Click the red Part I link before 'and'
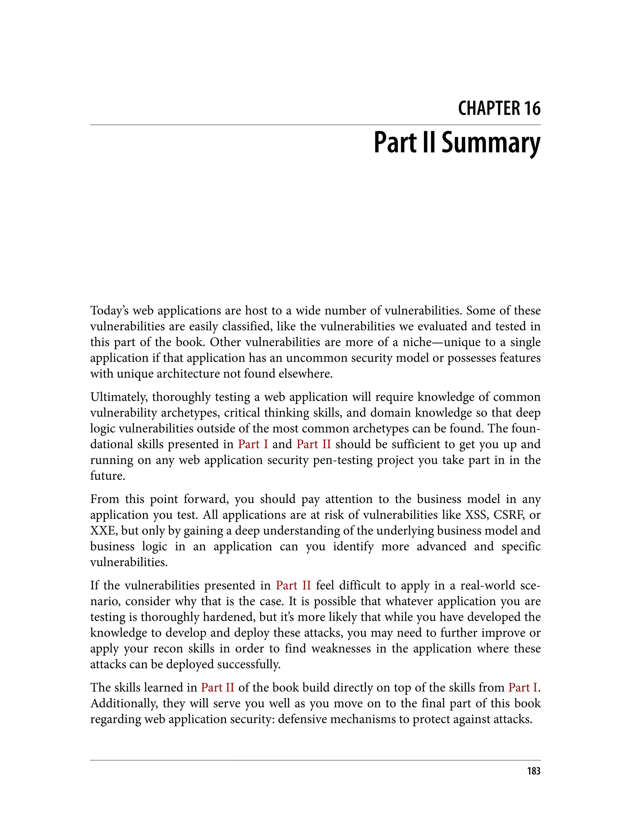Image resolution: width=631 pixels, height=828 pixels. pos(253,444)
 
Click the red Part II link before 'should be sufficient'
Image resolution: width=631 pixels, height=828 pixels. pos(314,444)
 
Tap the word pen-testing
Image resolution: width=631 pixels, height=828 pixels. pos(345,460)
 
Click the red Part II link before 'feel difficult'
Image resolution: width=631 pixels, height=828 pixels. pos(293,585)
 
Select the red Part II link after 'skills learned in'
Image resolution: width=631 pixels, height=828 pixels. pos(218,688)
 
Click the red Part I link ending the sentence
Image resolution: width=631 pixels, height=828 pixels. pos(523,688)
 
